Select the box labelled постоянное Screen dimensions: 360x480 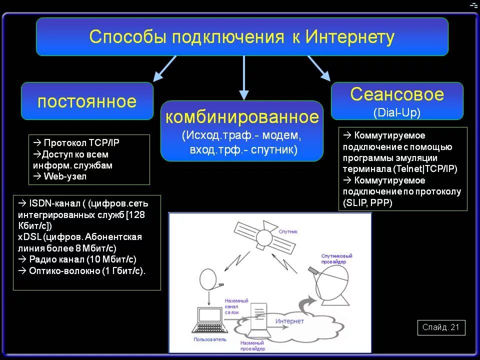tap(87, 101)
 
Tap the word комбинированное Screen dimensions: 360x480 tap(242, 117)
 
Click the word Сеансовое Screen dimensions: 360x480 tap(397, 94)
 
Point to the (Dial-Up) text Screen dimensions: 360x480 tap(397, 112)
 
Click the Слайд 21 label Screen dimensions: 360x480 tap(440, 327)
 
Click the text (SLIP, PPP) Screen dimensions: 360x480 tap(367, 202)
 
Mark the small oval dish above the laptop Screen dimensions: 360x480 tap(209, 278)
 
